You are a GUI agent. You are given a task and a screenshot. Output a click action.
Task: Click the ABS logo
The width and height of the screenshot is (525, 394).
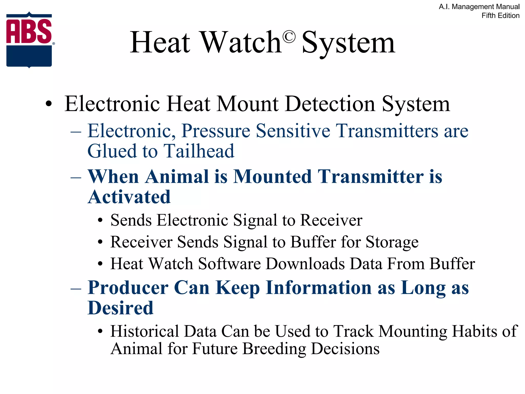click(29, 40)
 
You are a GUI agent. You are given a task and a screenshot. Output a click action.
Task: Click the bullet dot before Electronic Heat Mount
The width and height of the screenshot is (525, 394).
click(48, 104)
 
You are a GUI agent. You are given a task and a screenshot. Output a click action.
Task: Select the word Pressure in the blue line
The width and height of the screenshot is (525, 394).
click(216, 131)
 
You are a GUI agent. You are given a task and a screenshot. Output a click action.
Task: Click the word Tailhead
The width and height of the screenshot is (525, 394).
click(199, 151)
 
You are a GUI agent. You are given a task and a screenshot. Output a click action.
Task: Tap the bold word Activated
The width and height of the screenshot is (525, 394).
click(129, 197)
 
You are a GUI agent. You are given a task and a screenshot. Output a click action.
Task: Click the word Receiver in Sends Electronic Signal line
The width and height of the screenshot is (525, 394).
click(331, 220)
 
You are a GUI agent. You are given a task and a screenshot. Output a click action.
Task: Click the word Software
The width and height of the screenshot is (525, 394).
click(229, 264)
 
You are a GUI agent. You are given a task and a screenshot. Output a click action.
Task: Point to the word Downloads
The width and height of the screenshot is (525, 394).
click(305, 264)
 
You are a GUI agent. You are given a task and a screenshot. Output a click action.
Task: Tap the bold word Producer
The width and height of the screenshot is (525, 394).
click(128, 288)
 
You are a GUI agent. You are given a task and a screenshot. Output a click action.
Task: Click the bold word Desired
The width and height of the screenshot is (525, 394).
click(120, 308)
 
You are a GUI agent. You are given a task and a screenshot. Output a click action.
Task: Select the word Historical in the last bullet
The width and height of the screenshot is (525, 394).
click(145, 331)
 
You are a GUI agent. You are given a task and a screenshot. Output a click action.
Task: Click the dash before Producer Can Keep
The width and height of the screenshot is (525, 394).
click(76, 288)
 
